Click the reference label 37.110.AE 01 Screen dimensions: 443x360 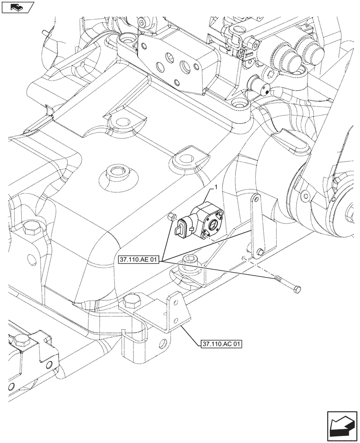(x=139, y=260)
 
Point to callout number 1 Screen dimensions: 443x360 (x=215, y=188)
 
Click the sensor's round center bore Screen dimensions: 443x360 (x=214, y=224)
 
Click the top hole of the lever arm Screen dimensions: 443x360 (x=254, y=200)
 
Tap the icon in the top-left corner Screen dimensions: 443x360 (x=18, y=7)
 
